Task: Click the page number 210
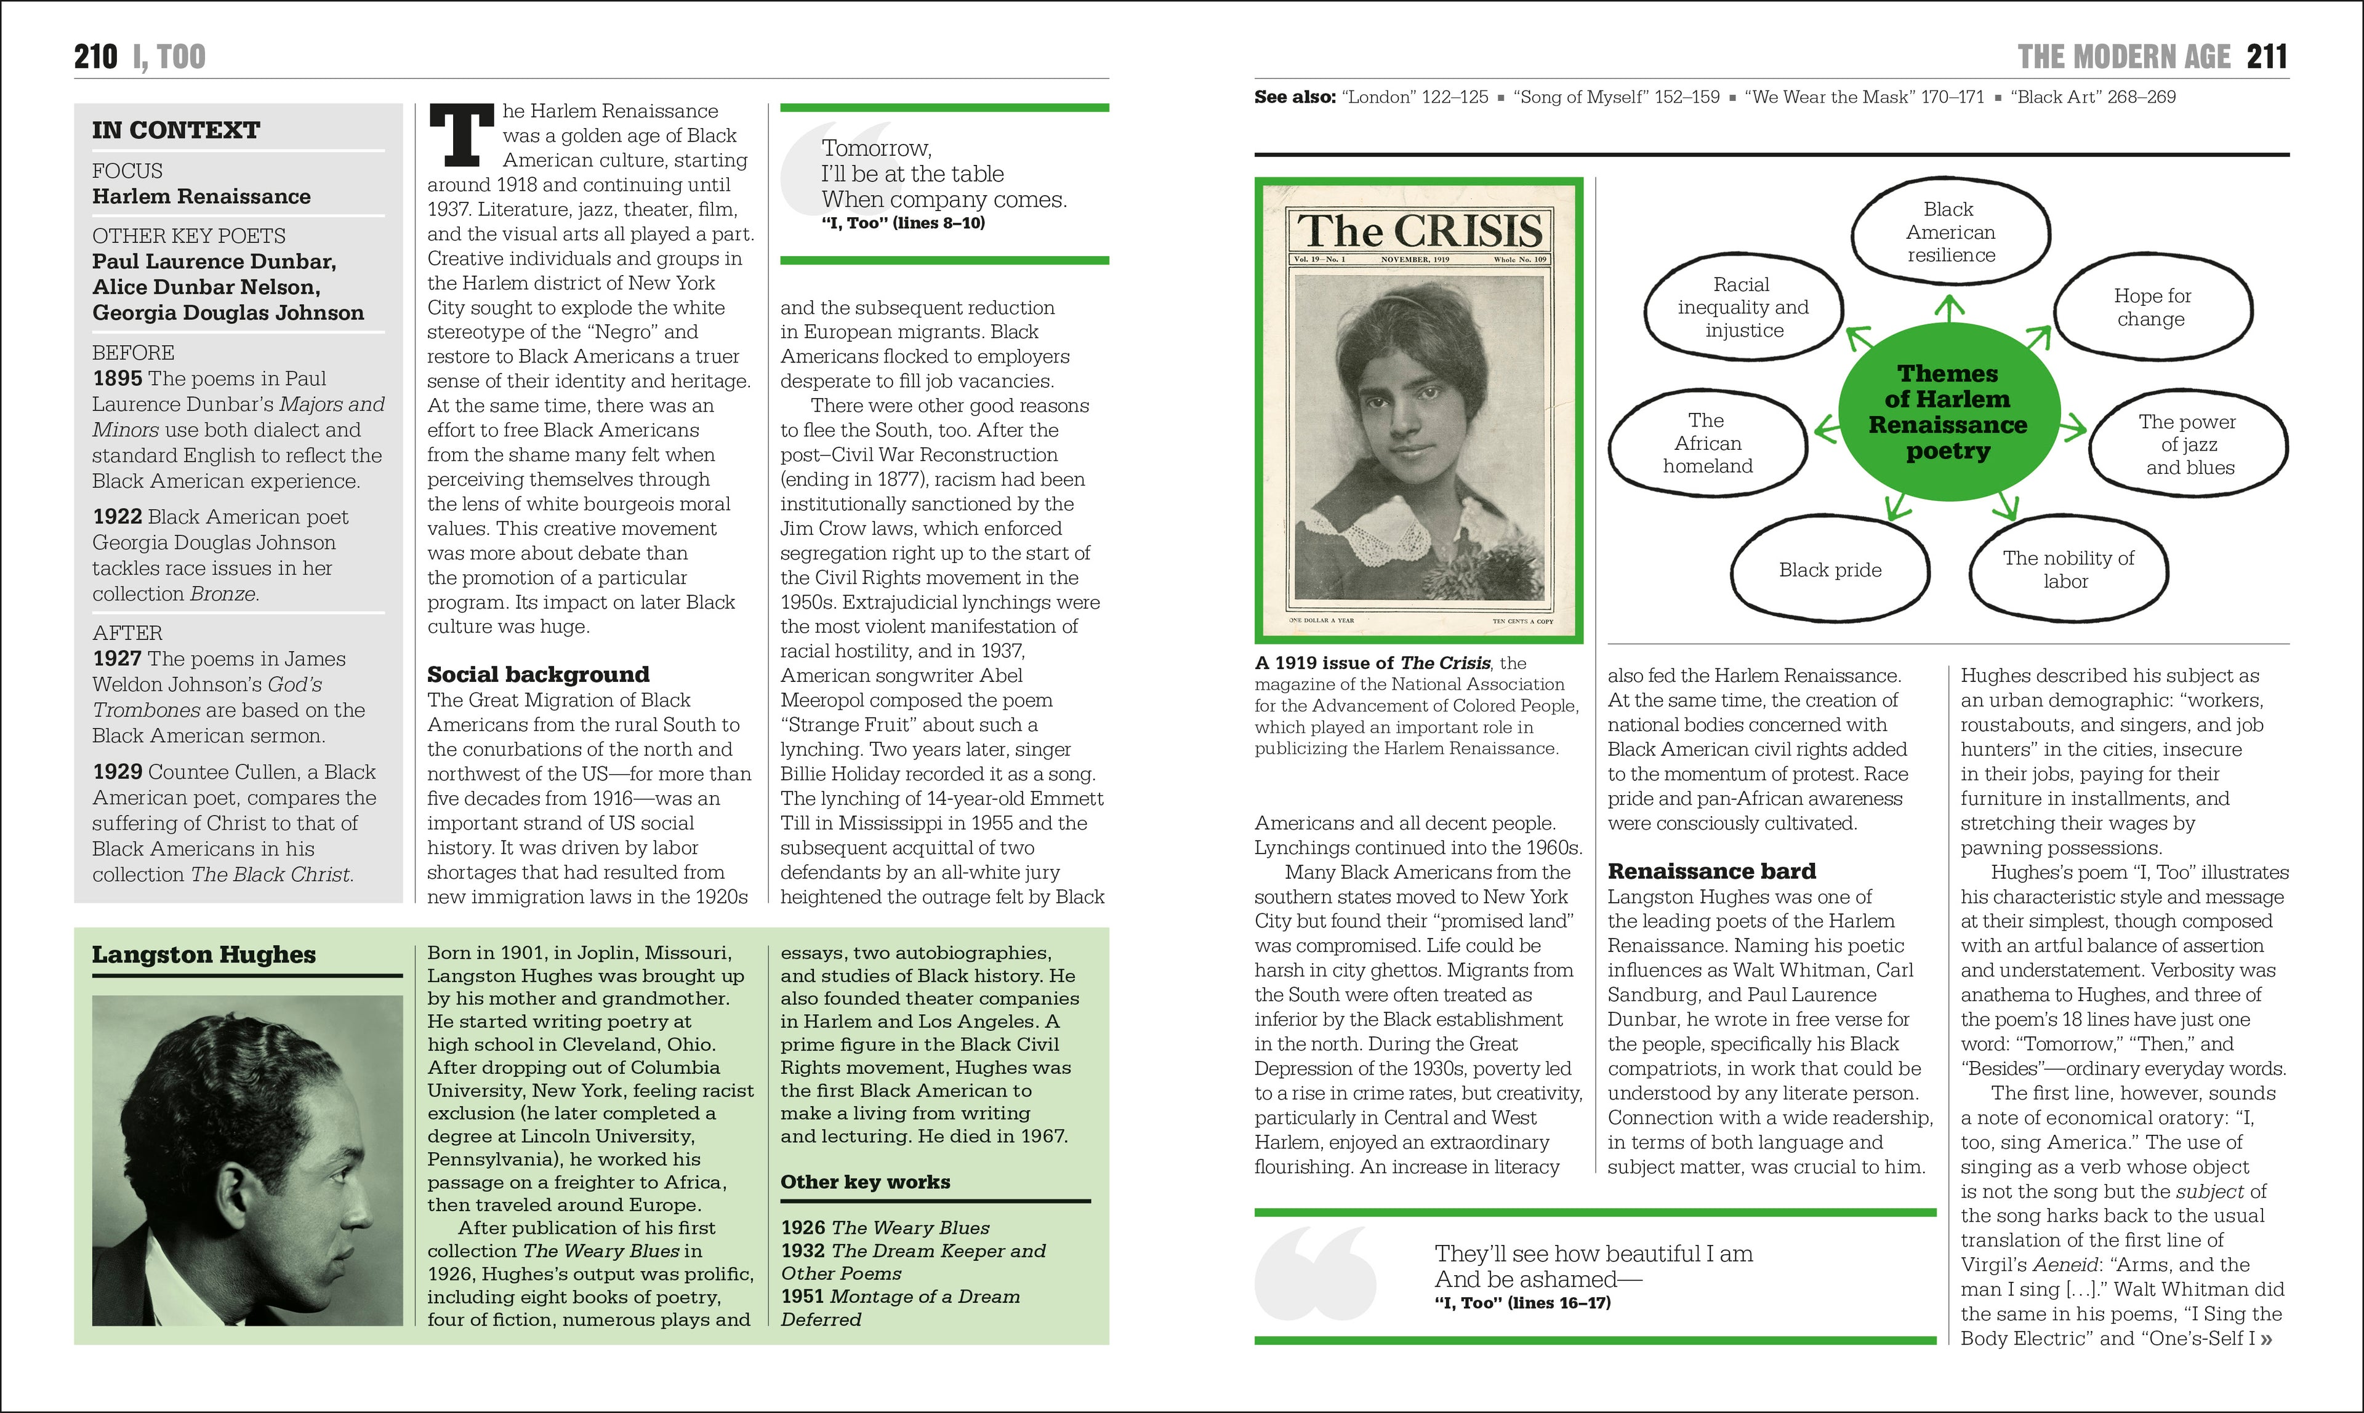click(x=95, y=57)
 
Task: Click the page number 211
click(x=2267, y=57)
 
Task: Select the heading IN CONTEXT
click(x=176, y=130)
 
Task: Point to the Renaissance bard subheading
click(x=1711, y=871)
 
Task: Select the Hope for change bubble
click(x=2152, y=308)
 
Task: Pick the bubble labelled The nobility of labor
click(x=2068, y=569)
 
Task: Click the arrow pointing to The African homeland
click(x=1827, y=430)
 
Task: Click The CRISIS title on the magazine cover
click(x=1419, y=231)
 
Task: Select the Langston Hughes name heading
click(x=204, y=955)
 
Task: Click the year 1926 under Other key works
click(x=803, y=1228)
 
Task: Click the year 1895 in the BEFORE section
click(x=117, y=379)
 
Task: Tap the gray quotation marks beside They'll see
click(x=1314, y=1274)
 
